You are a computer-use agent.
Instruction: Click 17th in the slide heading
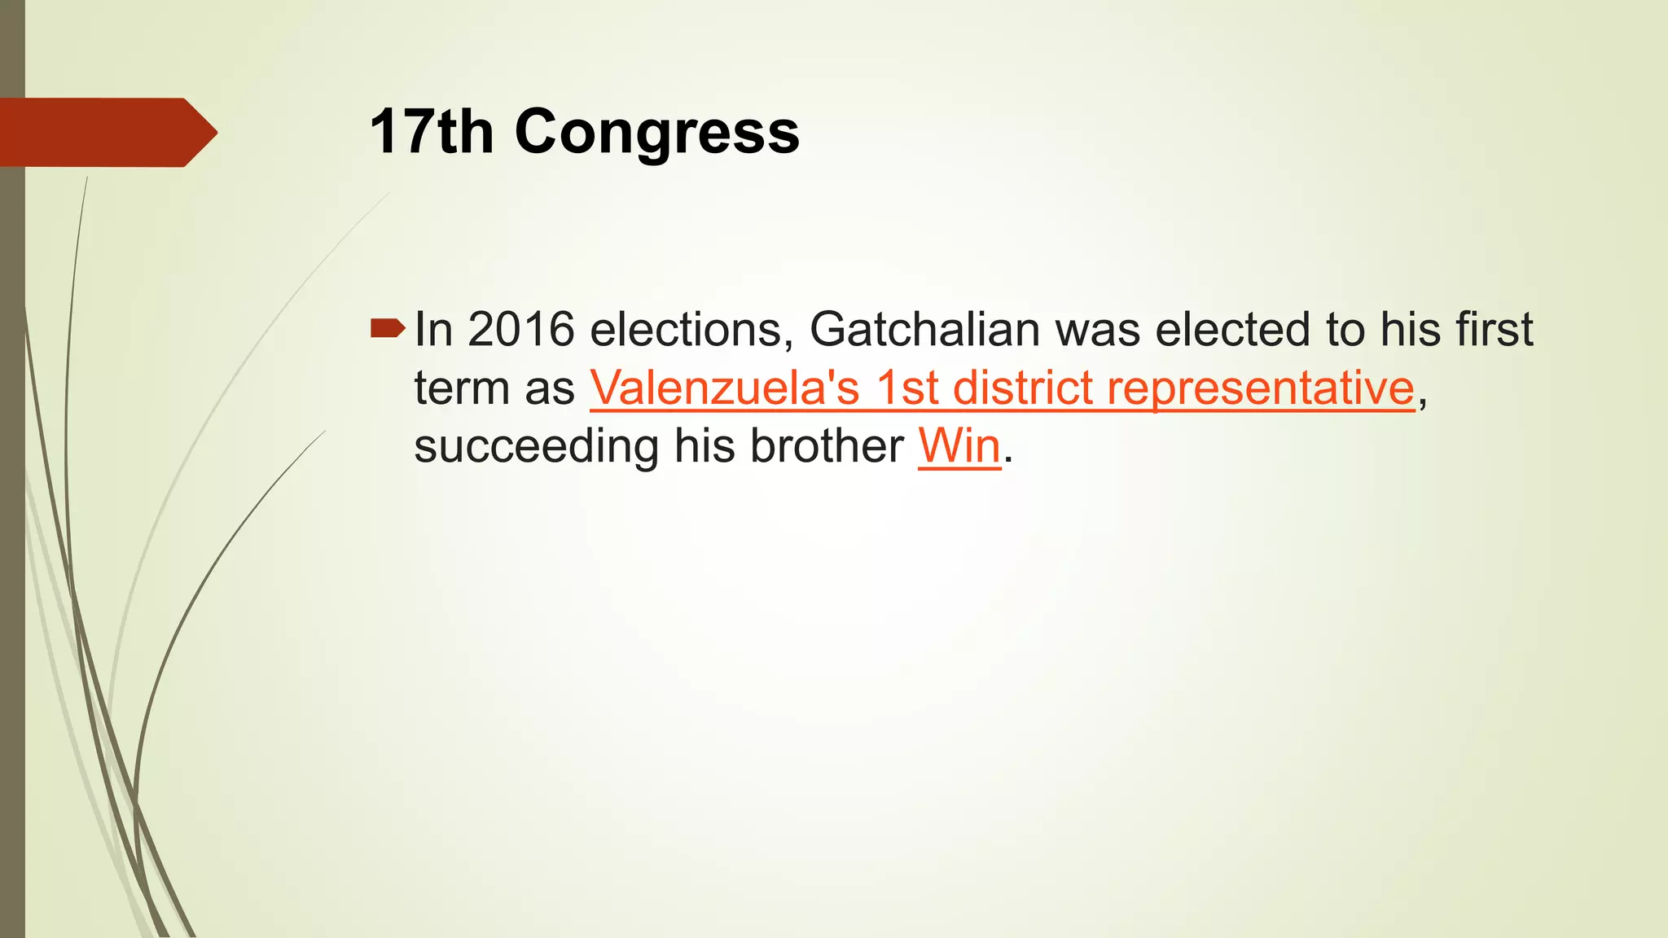click(432, 132)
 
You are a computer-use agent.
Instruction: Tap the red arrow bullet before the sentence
click(388, 328)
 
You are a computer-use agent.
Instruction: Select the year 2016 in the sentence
click(521, 329)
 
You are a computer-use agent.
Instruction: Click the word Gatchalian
click(924, 329)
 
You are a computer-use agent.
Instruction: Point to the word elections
click(691, 329)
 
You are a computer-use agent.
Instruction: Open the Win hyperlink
click(959, 446)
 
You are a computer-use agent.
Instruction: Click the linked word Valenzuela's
click(725, 388)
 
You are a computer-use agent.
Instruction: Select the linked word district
click(1023, 388)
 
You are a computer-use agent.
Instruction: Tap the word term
click(461, 388)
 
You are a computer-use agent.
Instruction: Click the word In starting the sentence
click(433, 329)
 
